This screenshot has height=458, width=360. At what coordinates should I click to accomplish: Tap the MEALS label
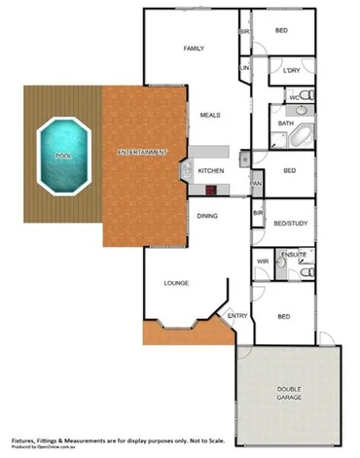click(x=210, y=115)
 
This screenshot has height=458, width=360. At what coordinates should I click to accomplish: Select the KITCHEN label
click(x=211, y=170)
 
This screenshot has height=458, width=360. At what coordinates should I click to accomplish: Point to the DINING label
click(x=207, y=216)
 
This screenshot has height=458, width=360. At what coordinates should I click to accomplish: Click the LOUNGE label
click(x=175, y=283)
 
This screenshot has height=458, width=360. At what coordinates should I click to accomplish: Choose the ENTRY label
click(x=236, y=316)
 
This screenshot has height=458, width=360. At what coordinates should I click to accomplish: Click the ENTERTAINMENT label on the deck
click(x=142, y=153)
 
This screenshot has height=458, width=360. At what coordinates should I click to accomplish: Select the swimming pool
click(x=63, y=155)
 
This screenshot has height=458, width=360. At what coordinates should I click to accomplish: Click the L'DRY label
click(x=290, y=71)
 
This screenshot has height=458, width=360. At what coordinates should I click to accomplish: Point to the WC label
click(x=293, y=98)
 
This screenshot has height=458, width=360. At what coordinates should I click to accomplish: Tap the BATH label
click(x=286, y=123)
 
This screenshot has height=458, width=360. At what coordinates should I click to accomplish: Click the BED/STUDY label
click(x=290, y=223)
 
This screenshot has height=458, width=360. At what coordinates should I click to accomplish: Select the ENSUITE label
click(x=294, y=256)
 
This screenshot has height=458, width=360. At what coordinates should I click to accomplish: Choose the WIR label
click(x=263, y=262)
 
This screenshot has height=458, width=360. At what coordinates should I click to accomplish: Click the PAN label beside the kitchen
click(x=256, y=183)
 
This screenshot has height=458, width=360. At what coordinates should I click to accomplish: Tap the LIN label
click(x=245, y=68)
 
